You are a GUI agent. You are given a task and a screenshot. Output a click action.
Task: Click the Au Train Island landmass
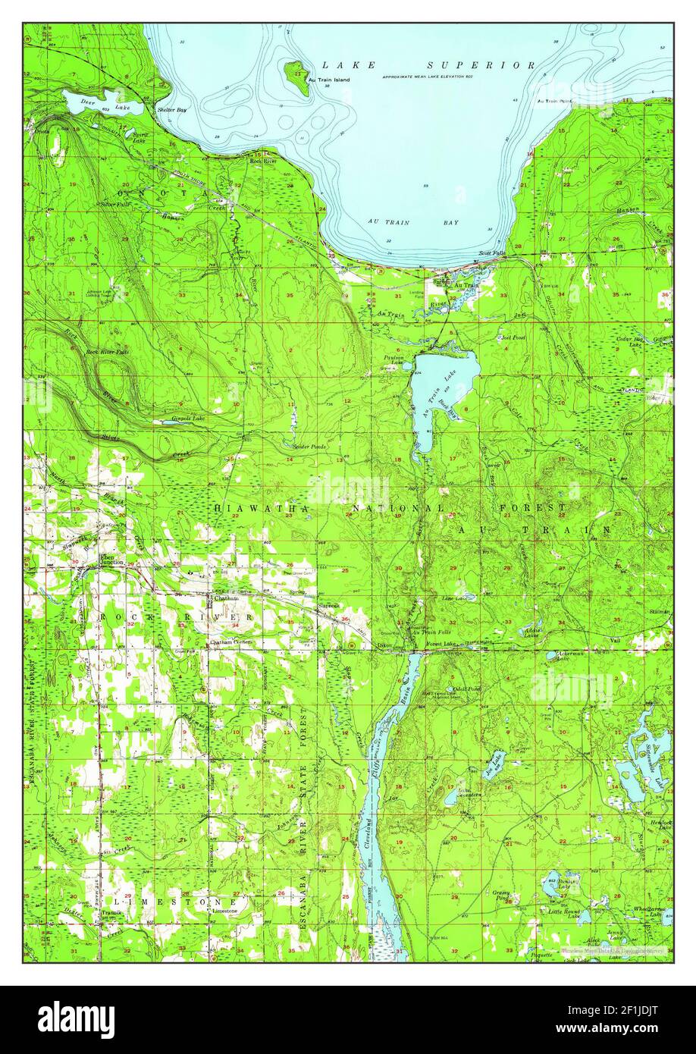[297, 77]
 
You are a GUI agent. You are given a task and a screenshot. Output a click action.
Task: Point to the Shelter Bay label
[171, 110]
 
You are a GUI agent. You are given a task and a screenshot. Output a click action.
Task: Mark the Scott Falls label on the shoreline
[491, 253]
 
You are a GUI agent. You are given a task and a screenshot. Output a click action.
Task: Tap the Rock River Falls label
[107, 352]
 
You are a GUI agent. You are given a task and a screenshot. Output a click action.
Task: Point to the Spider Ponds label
[309, 447]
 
